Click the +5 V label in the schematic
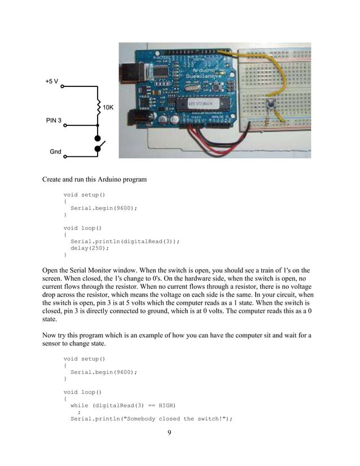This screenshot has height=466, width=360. click(x=52, y=82)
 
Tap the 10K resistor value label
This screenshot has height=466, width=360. click(x=108, y=107)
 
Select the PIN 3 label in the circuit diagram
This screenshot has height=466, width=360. click(x=54, y=121)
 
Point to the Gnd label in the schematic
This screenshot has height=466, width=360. click(x=55, y=152)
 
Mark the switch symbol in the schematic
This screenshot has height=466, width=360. click(x=99, y=144)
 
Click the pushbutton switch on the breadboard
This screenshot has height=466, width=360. click(x=271, y=105)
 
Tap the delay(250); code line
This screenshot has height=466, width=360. click(x=89, y=248)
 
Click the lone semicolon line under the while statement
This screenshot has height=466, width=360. click(x=79, y=412)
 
